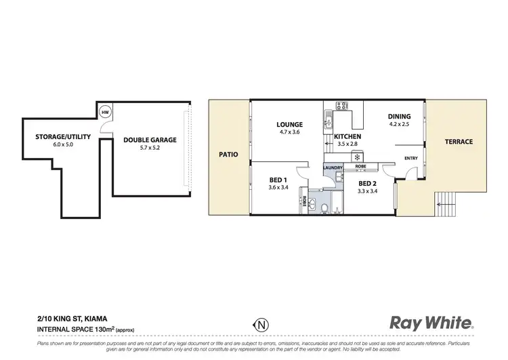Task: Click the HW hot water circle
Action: (105, 113)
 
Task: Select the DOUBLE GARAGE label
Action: (150, 140)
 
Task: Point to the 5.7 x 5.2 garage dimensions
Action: (150, 148)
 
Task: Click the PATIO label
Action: (228, 155)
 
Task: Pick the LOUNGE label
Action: (289, 125)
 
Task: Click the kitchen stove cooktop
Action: (341, 106)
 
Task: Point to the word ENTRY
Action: (410, 158)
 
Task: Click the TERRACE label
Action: (459, 142)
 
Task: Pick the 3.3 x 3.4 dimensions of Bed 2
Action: (368, 192)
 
